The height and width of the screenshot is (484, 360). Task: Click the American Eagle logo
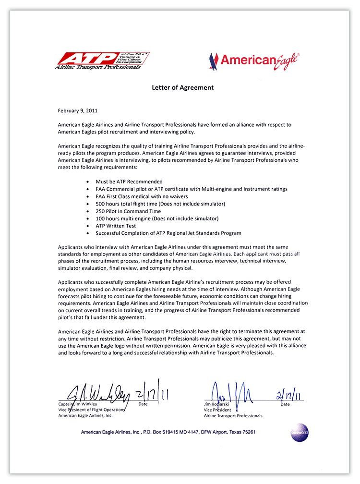[254, 61]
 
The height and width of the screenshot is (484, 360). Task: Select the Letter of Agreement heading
[183, 88]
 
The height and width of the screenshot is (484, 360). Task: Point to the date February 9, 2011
[77, 110]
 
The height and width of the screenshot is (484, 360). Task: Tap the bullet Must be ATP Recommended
[129, 182]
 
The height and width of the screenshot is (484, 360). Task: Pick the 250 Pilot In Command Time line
[128, 211]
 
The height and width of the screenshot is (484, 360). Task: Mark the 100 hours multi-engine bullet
[157, 218]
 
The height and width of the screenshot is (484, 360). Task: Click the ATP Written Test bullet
[116, 226]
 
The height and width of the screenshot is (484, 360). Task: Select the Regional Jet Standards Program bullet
[168, 233]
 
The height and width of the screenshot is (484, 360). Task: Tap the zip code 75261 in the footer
[248, 432]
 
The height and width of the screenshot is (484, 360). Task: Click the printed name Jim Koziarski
[217, 404]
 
